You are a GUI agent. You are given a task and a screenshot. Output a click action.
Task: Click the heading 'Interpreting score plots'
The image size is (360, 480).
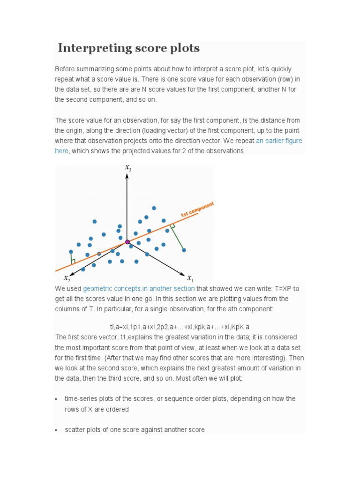129,48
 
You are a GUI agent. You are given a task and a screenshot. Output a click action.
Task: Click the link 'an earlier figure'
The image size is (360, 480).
279,141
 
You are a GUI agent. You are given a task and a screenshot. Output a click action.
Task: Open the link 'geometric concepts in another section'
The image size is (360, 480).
139,288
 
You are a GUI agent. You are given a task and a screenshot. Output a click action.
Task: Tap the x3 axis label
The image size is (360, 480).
128,168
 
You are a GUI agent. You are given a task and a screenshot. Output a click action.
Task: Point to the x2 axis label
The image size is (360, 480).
67,278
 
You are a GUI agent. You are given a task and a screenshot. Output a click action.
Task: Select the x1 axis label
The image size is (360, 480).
190,277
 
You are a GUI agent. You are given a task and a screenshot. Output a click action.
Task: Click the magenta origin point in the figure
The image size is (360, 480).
127,241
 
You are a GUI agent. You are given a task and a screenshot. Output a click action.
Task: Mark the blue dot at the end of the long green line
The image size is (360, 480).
184,250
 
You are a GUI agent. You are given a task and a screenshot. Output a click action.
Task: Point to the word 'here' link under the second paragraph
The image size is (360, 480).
61,151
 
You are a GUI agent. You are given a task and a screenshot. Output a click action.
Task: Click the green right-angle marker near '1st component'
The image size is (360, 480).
172,226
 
